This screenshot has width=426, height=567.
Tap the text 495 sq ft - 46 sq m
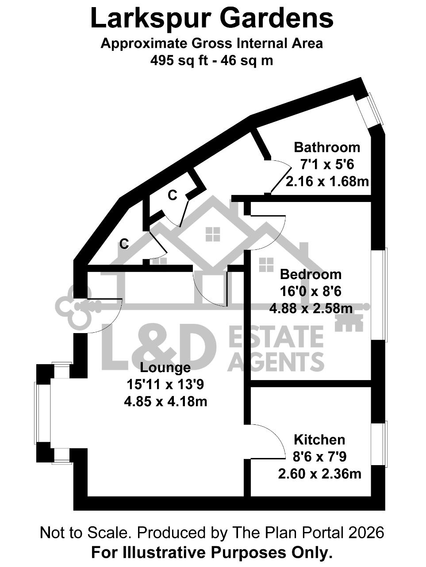[212, 61]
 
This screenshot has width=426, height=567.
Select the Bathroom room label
[327, 148]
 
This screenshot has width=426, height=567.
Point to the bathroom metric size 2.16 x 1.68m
[327, 182]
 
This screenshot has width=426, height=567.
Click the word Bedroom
[311, 274]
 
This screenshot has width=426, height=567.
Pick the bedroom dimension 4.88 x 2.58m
[311, 308]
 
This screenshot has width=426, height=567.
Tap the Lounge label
[165, 368]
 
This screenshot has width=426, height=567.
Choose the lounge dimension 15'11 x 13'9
[165, 384]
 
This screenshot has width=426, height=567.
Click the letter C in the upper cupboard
[172, 195]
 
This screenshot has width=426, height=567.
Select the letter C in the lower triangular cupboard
[124, 244]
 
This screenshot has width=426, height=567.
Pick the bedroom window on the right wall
[379, 295]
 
